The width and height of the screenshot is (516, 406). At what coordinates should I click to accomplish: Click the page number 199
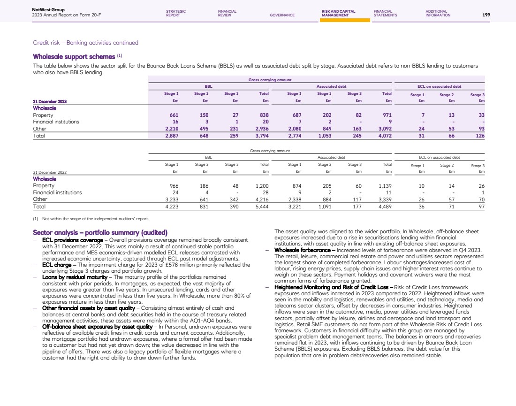[486, 15]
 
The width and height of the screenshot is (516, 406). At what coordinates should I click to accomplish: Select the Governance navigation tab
[282, 15]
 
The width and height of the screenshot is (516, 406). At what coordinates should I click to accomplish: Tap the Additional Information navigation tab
[438, 13]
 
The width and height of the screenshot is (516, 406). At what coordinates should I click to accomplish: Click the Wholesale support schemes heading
[75, 57]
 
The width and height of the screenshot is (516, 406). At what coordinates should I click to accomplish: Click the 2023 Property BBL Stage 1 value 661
[174, 115]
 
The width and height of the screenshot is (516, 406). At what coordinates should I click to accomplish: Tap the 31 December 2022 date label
[50, 172]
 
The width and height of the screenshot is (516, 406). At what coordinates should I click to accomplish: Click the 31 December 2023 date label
[50, 101]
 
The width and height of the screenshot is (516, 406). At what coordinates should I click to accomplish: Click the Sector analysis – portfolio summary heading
[100, 232]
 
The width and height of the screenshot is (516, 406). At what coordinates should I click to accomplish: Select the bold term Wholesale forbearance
[301, 250]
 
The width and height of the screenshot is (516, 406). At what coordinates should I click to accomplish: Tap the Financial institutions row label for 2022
[57, 192]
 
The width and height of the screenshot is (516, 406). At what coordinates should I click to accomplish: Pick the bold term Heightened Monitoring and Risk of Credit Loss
[334, 286]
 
